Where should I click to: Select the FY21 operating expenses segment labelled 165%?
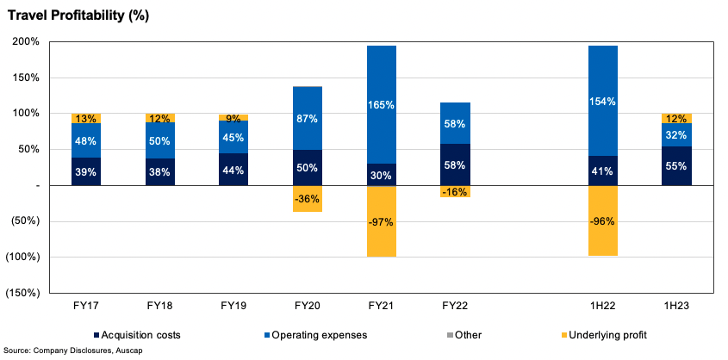381,104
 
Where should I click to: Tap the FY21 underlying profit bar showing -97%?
381,221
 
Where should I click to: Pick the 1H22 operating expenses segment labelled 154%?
602,101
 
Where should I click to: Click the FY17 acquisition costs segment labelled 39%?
85,171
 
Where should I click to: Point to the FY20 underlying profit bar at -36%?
308,198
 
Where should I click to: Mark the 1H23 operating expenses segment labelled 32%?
676,134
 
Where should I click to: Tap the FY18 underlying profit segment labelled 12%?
159,118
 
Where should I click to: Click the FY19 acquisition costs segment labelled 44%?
233,170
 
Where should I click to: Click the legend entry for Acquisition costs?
138,333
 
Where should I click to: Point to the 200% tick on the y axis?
27,41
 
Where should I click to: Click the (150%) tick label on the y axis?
23,293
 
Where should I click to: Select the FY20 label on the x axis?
308,306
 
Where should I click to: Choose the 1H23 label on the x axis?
676,306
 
